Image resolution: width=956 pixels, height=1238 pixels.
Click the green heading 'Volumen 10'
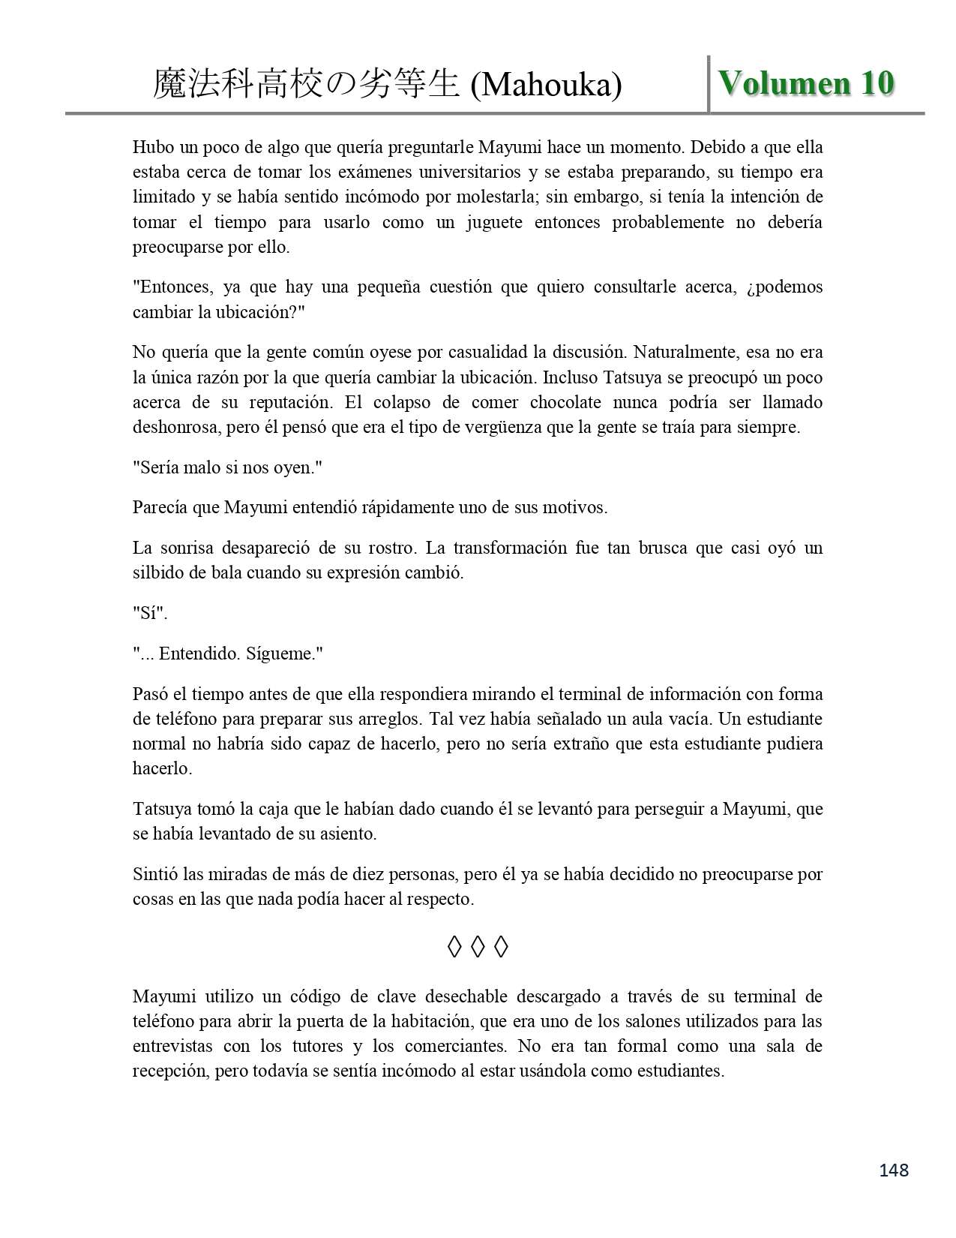pos(806,83)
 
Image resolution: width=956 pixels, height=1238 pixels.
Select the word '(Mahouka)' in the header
pos(546,86)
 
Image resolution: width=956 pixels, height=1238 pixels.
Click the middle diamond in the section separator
pos(478,948)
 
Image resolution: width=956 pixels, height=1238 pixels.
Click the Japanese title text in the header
pos(305,85)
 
